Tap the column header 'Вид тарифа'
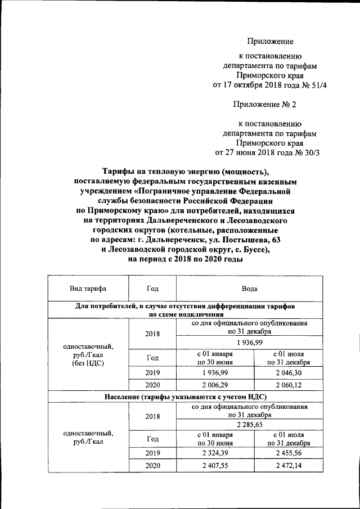click(88, 289)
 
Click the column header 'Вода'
click(249, 289)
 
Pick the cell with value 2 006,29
click(215, 385)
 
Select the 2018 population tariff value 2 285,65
click(249, 425)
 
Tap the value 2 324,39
click(215, 453)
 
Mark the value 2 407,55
click(215, 466)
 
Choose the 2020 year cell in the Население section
click(152, 466)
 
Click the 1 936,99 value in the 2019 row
click(215, 372)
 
